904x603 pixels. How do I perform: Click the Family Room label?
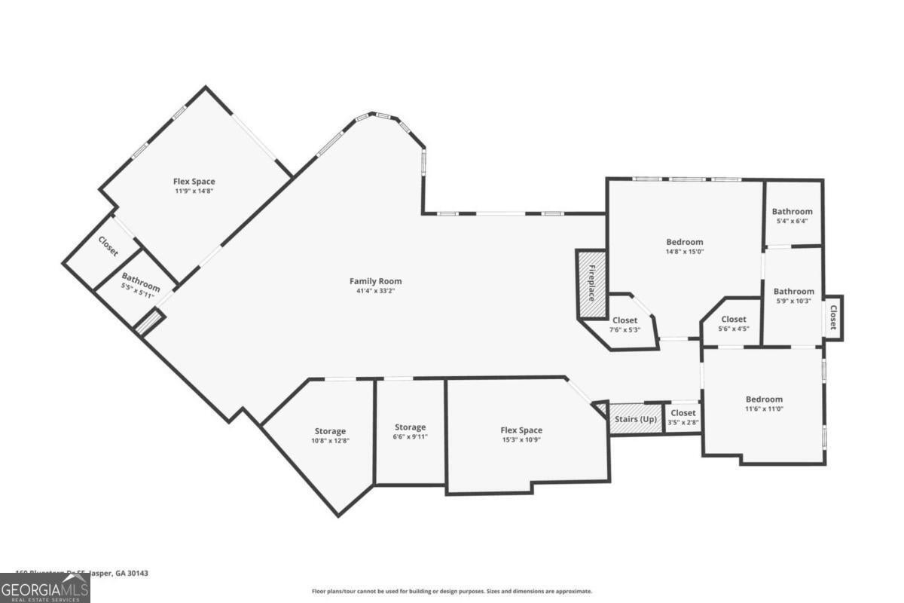(x=375, y=281)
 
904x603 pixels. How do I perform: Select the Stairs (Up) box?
(x=635, y=419)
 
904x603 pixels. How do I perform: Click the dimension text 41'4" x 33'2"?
(x=375, y=291)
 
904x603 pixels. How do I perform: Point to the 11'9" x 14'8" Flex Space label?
(x=194, y=182)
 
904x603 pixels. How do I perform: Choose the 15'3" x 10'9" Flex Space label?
(x=521, y=430)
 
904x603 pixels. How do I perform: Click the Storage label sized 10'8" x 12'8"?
(x=330, y=431)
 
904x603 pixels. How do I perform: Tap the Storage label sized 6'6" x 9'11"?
(x=410, y=427)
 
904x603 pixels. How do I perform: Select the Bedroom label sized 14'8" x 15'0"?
(x=684, y=242)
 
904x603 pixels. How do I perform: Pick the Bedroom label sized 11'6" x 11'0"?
(x=764, y=399)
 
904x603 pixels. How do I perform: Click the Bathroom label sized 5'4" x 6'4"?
(x=793, y=212)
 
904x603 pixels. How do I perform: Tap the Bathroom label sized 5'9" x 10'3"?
(x=793, y=292)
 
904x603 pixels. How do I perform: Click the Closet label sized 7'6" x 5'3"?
(x=625, y=320)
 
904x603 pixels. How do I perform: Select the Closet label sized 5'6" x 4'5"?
(x=733, y=320)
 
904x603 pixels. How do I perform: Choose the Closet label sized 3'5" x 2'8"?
(x=683, y=413)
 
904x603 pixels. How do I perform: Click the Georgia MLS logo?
(x=44, y=588)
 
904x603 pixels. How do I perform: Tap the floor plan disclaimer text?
(x=452, y=592)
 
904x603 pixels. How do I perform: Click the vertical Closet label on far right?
(x=833, y=317)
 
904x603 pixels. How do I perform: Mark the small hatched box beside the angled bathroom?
(x=149, y=323)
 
